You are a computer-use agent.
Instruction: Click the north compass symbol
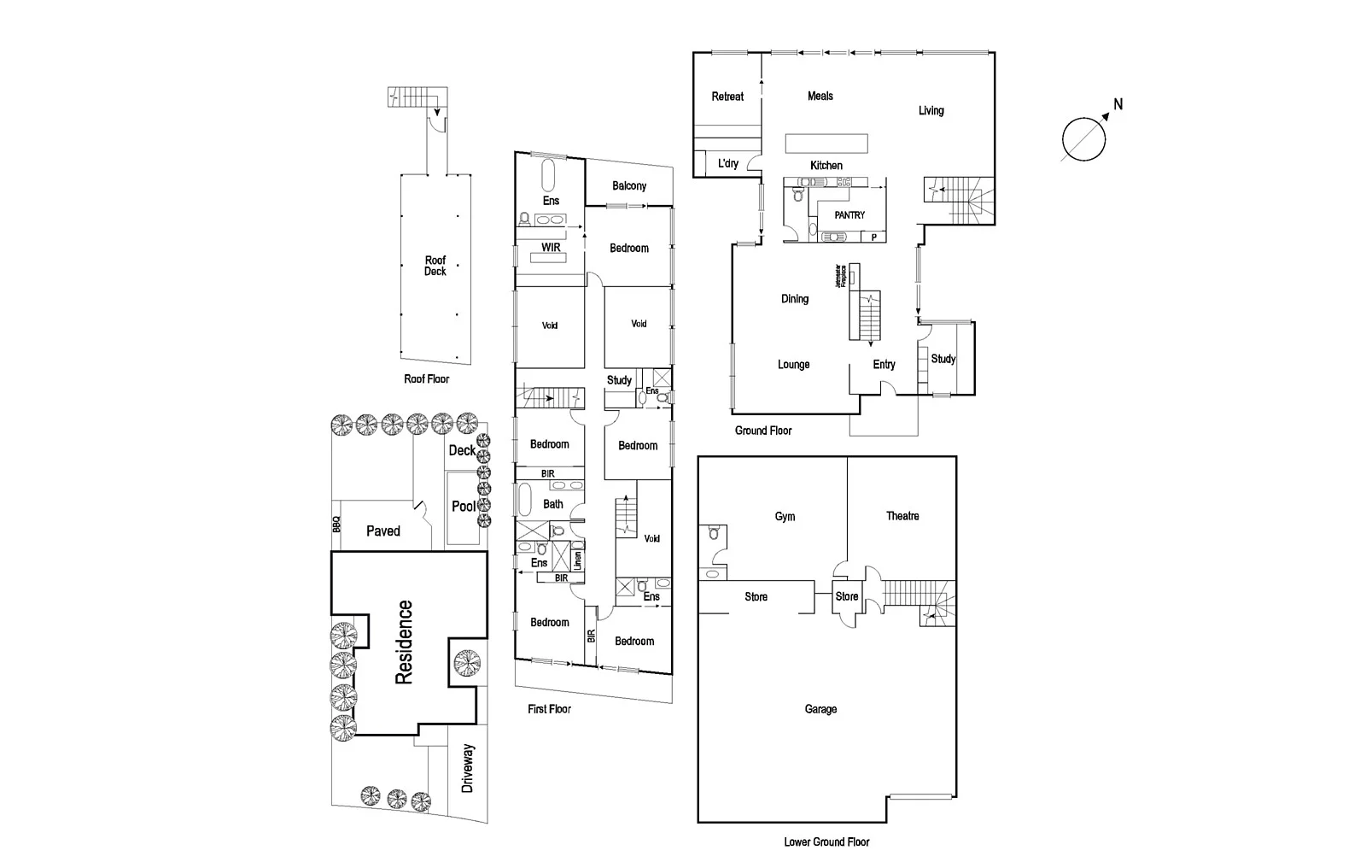pyautogui.click(x=1083, y=139)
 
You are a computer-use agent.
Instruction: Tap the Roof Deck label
pyautogui.click(x=435, y=266)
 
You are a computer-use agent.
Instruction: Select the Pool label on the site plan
pyautogui.click(x=464, y=507)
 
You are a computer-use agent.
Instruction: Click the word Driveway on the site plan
pyautogui.click(x=468, y=768)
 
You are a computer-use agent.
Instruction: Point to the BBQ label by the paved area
pyautogui.click(x=336, y=525)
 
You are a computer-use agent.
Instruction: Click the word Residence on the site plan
pyautogui.click(x=404, y=642)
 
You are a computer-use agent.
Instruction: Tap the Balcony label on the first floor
pyautogui.click(x=629, y=186)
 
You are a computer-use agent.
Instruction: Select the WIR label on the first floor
pyautogui.click(x=551, y=248)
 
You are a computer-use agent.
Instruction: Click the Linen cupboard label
pyautogui.click(x=578, y=560)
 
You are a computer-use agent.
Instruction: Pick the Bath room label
pyautogui.click(x=553, y=504)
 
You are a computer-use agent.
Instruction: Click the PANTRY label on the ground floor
pyautogui.click(x=849, y=215)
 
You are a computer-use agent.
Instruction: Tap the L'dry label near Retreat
pyautogui.click(x=728, y=163)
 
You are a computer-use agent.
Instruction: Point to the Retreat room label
pyautogui.click(x=727, y=97)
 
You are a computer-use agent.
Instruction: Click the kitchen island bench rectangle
pyautogui.click(x=826, y=143)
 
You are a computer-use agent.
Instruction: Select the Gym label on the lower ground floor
pyautogui.click(x=785, y=516)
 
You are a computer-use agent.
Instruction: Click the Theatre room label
pyautogui.click(x=902, y=516)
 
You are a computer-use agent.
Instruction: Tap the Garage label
pyautogui.click(x=820, y=709)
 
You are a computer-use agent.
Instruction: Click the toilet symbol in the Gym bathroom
pyautogui.click(x=714, y=535)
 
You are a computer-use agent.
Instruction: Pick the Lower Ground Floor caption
pyautogui.click(x=826, y=842)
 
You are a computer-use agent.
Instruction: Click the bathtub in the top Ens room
pyautogui.click(x=548, y=176)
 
